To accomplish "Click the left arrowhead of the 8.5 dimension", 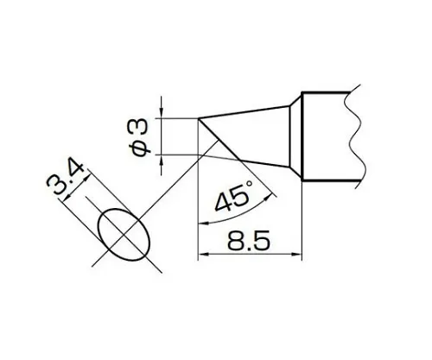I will [203, 255].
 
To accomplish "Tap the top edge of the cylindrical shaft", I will [333, 92].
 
